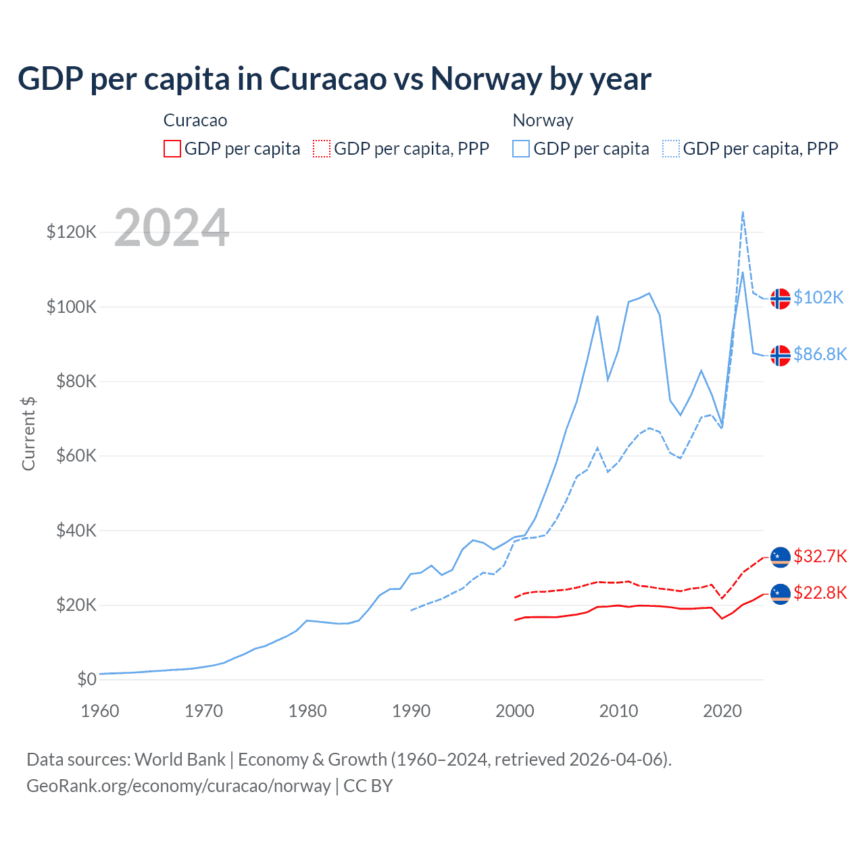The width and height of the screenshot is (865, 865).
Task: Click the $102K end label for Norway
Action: [x=818, y=297]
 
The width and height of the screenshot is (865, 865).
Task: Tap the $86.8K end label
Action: [x=820, y=354]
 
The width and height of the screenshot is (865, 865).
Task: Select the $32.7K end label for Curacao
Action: [x=820, y=556]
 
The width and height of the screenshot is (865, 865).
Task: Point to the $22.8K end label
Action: [x=820, y=593]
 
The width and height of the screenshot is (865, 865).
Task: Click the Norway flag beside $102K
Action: [x=781, y=298]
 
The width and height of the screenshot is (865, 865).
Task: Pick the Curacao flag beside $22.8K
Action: [x=781, y=594]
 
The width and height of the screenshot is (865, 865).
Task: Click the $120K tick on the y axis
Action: [x=72, y=232]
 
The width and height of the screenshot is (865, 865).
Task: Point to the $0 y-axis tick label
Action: [x=86, y=679]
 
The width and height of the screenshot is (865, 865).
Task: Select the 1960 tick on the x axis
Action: [x=100, y=711]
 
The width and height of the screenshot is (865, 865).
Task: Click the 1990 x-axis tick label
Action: [x=411, y=711]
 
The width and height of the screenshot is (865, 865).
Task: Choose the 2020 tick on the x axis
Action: [x=722, y=711]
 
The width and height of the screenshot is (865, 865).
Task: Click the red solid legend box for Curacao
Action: [x=172, y=149]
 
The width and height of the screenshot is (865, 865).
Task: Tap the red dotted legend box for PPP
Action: [x=322, y=149]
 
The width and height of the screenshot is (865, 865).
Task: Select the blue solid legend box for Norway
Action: [x=521, y=149]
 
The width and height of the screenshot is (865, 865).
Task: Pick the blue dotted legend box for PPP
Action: [x=671, y=149]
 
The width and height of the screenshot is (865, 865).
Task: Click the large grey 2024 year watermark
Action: [x=172, y=228]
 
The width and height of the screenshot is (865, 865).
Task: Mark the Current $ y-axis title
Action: [x=28, y=433]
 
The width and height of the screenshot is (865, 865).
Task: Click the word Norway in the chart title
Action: [x=486, y=79]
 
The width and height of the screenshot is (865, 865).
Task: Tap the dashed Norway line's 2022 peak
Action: [x=743, y=212]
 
